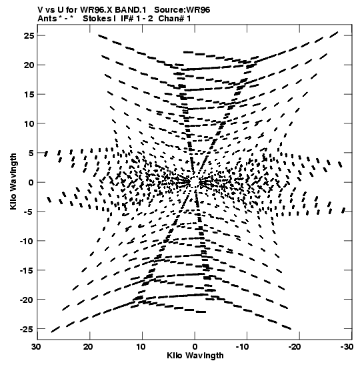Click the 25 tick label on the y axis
(29, 36)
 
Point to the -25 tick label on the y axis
(27, 330)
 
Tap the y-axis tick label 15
(29, 94)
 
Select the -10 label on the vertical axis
(27, 241)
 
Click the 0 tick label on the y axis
(31, 183)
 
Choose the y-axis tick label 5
(31, 153)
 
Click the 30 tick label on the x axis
(36, 347)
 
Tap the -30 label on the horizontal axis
(347, 347)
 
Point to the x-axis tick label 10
(141, 347)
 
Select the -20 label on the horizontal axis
(295, 347)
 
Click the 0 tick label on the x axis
(195, 347)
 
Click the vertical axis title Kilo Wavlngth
(13, 181)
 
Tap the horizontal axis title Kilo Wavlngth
(195, 356)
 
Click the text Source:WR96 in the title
(182, 10)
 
